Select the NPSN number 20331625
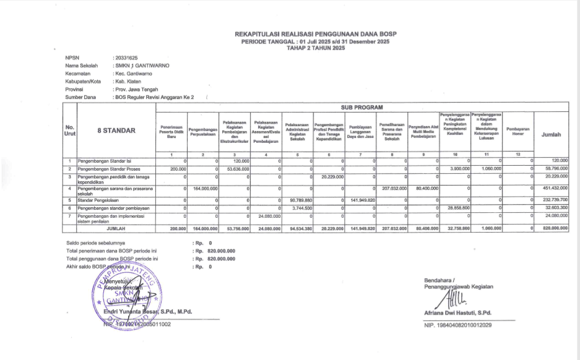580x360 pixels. coord(126,58)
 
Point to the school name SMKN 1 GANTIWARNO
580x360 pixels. coord(142,65)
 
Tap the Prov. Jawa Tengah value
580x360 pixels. coord(137,90)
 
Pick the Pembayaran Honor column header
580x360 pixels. coord(517,131)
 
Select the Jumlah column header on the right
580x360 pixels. coord(551,134)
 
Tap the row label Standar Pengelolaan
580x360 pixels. coord(99,200)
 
